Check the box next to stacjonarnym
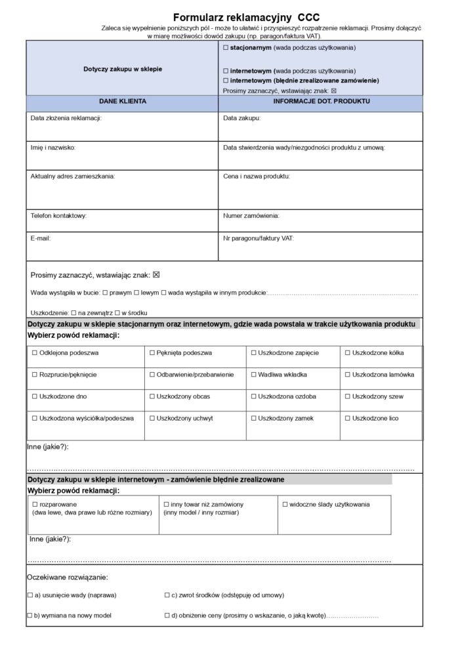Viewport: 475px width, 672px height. (226, 49)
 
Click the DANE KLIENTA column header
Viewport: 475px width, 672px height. (122, 102)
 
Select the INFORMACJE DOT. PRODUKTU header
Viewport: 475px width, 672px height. (321, 102)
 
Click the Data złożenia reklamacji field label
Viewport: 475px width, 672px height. (66, 119)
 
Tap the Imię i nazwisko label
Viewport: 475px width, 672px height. (53, 148)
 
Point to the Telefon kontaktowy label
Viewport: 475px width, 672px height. (58, 215)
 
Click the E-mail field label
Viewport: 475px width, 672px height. (41, 238)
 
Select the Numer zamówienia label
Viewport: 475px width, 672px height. (251, 215)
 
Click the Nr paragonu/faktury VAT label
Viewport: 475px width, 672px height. (258, 238)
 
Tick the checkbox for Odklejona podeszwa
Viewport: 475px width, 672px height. (35, 353)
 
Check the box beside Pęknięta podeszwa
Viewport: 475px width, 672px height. (152, 353)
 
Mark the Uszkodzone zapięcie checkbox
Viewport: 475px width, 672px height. (254, 353)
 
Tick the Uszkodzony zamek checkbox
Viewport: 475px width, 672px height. (254, 418)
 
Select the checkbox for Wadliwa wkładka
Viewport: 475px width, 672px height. (254, 375)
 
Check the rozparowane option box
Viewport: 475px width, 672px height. (35, 504)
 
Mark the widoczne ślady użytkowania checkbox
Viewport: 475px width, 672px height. (285, 504)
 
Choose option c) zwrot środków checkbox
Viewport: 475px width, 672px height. (167, 595)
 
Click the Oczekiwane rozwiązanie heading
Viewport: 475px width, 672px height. (67, 577)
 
